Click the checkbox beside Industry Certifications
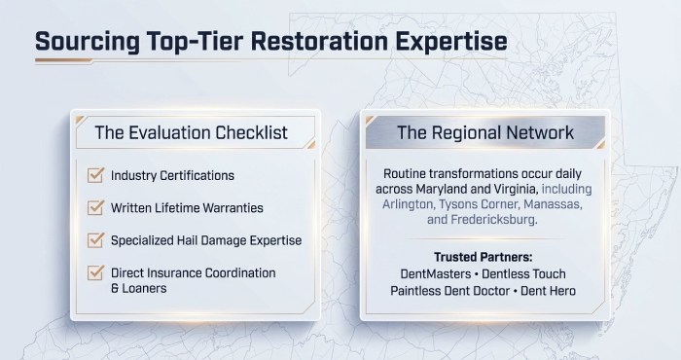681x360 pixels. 95,176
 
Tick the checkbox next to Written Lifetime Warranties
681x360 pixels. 95,207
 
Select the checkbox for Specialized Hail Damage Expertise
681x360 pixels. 95,239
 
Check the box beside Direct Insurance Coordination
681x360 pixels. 95,273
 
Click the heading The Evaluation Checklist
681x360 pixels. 191,131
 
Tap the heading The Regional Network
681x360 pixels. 485,131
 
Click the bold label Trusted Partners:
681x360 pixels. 484,258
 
